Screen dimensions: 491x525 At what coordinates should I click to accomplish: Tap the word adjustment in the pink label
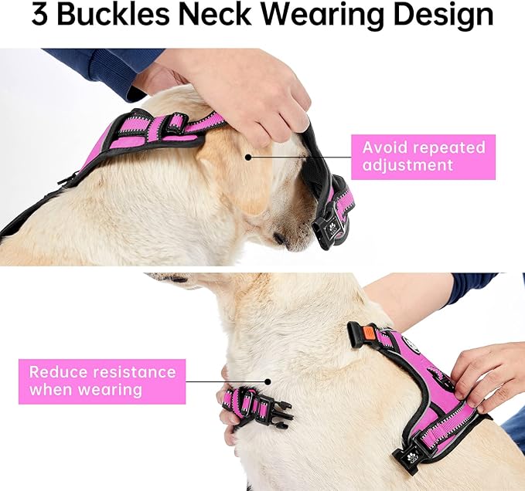point(408,166)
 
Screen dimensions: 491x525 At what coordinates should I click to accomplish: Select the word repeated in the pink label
point(452,147)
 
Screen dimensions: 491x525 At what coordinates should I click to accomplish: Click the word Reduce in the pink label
point(59,372)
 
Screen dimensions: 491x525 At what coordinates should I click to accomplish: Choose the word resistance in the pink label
point(135,372)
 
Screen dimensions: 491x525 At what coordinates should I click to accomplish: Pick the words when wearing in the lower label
point(86,391)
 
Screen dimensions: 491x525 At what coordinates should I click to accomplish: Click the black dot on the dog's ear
point(248,157)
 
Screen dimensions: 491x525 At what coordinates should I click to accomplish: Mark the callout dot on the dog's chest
point(268,381)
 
